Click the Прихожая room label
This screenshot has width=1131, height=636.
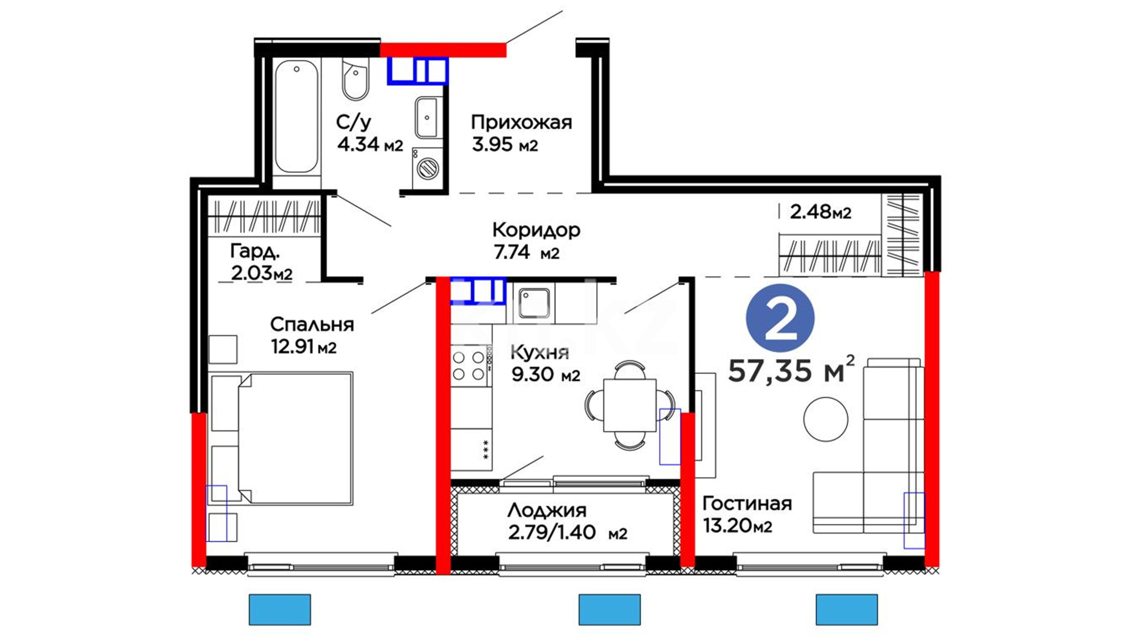521,122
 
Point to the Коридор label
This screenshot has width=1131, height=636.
536,230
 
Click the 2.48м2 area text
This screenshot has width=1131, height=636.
820,211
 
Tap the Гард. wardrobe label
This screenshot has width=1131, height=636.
254,251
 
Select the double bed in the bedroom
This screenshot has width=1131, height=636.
282,438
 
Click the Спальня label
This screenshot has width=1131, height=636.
312,324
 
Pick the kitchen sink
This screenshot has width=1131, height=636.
534,303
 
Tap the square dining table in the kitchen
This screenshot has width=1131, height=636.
630,405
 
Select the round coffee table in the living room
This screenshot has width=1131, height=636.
826,419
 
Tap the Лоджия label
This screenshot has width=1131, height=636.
547,510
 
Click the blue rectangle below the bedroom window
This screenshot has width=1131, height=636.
280,609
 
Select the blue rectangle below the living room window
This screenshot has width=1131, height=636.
846,609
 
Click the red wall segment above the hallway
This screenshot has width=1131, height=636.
443,50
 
